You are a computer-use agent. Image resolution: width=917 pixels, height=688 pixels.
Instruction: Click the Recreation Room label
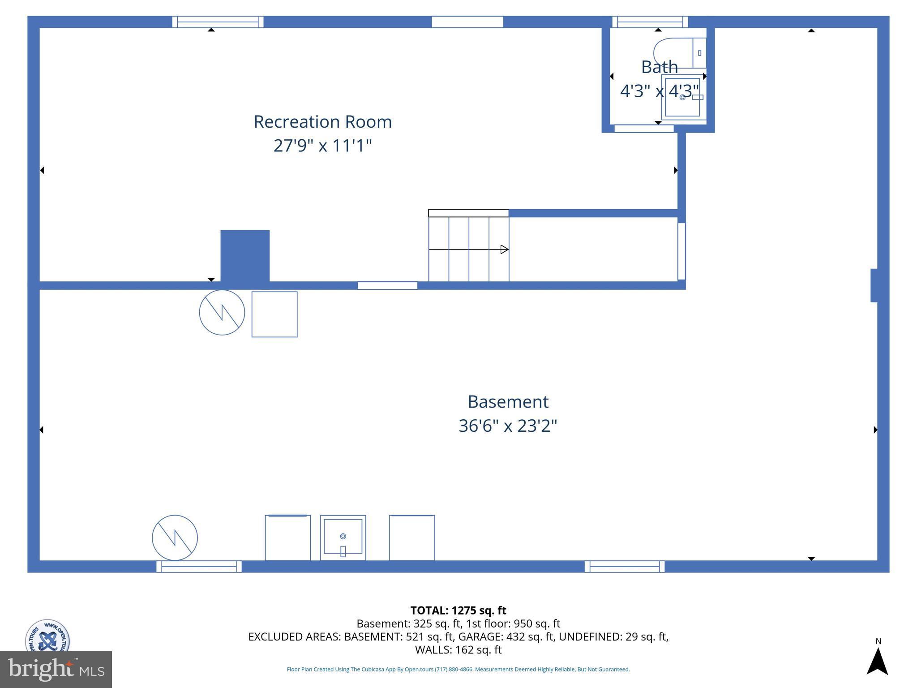(322, 122)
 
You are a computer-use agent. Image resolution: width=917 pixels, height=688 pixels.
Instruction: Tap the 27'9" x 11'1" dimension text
(322, 146)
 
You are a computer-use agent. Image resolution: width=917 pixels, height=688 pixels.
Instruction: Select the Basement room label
(508, 402)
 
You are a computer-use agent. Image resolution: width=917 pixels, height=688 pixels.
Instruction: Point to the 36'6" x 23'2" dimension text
(508, 426)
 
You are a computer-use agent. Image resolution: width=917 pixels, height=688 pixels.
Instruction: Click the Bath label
(659, 67)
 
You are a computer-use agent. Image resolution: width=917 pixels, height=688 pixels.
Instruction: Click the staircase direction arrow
(504, 249)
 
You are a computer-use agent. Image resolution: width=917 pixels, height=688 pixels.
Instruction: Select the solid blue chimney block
(245, 256)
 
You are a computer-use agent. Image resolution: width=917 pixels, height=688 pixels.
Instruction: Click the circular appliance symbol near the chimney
(222, 312)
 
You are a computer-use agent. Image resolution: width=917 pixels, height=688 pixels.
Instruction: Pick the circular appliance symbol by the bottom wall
(175, 537)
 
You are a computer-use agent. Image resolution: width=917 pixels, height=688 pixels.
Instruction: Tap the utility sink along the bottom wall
(343, 537)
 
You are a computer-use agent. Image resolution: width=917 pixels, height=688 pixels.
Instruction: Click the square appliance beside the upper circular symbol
(274, 314)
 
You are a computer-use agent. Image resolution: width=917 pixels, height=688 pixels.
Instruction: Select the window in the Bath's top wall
(650, 22)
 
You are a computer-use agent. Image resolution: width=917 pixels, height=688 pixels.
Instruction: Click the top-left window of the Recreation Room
(218, 22)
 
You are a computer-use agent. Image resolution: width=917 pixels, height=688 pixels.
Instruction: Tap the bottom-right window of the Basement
(624, 567)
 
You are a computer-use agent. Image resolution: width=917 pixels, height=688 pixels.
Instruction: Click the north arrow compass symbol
(877, 661)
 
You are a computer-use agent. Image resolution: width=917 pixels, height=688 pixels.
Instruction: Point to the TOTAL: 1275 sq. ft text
(458, 611)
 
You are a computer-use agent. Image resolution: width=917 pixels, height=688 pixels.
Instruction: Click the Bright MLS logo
(56, 669)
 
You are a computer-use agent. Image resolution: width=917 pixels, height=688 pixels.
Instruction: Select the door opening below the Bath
(644, 129)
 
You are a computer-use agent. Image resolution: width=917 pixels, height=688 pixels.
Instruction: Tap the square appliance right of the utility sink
(412, 537)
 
